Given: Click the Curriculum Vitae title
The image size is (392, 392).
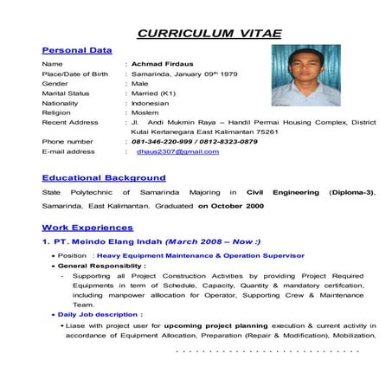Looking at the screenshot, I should click(210, 33).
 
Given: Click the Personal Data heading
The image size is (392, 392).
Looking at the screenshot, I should click(77, 51).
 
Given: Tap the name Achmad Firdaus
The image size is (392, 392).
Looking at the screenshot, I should click(163, 64).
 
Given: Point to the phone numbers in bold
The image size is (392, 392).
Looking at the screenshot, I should click(195, 141).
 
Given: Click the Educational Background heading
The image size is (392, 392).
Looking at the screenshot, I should click(103, 177).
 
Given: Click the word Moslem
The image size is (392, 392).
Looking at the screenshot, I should click(148, 112).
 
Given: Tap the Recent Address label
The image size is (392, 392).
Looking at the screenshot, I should click(69, 122).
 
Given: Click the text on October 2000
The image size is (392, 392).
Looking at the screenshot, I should click(231, 207).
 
